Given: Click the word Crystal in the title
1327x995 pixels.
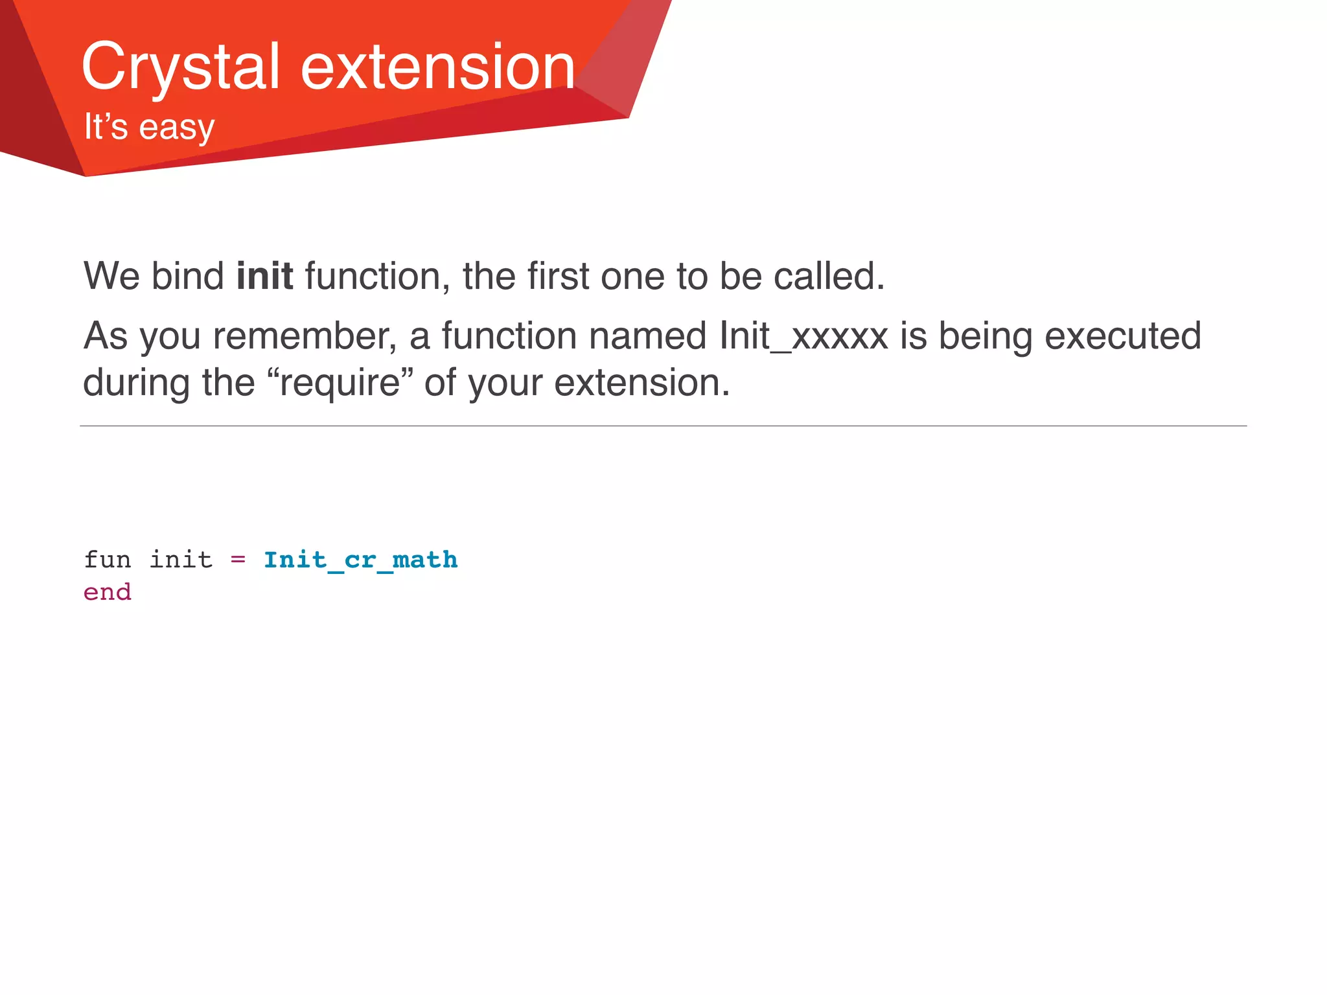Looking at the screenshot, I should pos(180,67).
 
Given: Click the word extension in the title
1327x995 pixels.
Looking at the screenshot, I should pos(438,67).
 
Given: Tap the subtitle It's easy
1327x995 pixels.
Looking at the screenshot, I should pos(149,127).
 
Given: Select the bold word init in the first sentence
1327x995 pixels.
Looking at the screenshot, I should pos(264,277).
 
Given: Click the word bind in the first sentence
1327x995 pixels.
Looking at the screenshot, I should pos(187,277).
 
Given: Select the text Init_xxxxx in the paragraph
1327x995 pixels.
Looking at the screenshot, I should pos(803,336).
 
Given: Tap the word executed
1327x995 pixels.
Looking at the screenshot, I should pos(1122,336).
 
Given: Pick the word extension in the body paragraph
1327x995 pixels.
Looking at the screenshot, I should pos(641,383).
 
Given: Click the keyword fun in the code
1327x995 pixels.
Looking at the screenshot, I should pos(108,560).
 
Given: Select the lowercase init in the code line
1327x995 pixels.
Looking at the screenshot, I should pos(181,560).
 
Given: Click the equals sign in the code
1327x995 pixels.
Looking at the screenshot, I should pos(238,560).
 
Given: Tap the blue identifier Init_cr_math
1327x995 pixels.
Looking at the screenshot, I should pos(360,560).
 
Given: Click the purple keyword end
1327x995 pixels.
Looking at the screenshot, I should pos(108,592).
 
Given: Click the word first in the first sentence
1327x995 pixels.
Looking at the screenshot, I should pos(558,277).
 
